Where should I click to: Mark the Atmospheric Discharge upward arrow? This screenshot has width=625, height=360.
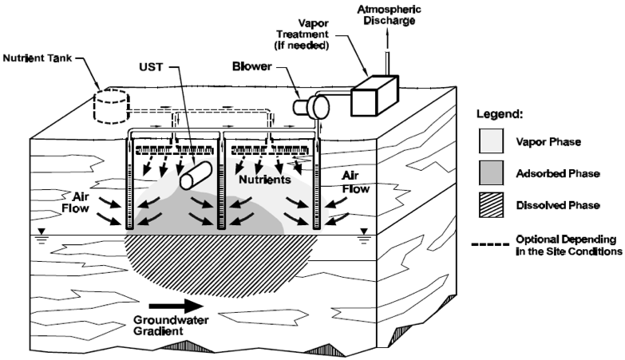(389, 48)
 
